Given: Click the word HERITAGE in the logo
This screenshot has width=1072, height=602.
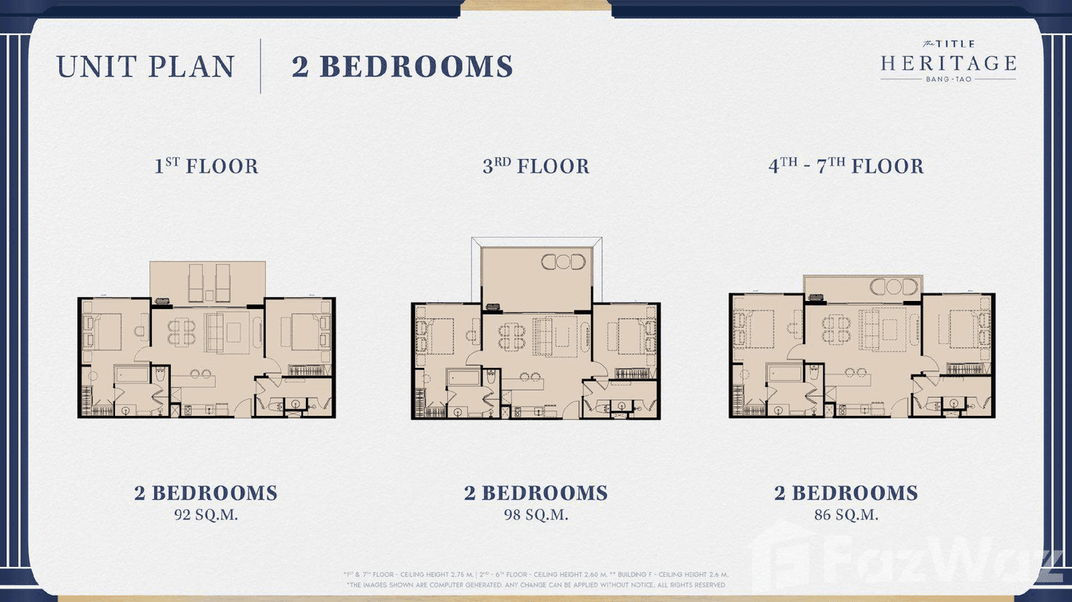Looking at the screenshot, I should pyautogui.click(x=948, y=64).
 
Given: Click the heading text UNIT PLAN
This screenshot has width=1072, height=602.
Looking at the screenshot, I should pyautogui.click(x=145, y=67).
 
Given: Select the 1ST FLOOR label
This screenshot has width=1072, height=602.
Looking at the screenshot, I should pyautogui.click(x=206, y=166).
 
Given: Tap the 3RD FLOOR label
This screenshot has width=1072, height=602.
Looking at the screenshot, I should pyautogui.click(x=535, y=166).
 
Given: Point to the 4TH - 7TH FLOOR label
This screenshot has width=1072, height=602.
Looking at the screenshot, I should pyautogui.click(x=846, y=166).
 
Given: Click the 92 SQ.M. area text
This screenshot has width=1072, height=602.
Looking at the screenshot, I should pyautogui.click(x=206, y=515).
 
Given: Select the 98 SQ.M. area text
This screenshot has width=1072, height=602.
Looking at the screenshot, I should pyautogui.click(x=536, y=515).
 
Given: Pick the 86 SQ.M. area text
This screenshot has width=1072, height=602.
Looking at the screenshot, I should pyautogui.click(x=846, y=515).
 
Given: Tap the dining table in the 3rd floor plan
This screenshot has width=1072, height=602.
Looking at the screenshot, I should pyautogui.click(x=510, y=335).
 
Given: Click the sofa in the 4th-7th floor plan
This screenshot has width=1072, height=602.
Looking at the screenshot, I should pyautogui.click(x=879, y=329).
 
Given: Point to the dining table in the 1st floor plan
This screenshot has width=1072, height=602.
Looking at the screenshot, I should pyautogui.click(x=181, y=331).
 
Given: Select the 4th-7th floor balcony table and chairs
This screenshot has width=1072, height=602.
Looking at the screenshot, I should pyautogui.click(x=894, y=287).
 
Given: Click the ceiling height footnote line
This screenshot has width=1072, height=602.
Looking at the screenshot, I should pyautogui.click(x=536, y=574).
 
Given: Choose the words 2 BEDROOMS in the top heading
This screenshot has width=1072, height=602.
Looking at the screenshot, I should pyautogui.click(x=402, y=67).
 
